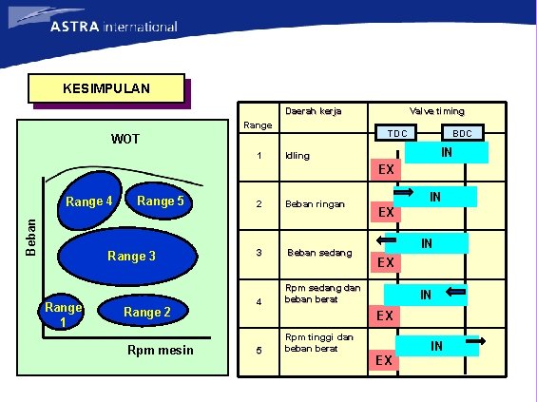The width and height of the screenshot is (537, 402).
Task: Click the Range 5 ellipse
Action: coord(161,201)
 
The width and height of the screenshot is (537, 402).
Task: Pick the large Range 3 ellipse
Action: coord(130,256)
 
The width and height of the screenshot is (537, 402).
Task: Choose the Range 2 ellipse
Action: coord(147,312)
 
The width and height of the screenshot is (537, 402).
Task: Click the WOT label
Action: coord(125,140)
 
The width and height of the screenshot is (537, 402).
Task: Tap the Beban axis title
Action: coord(30,234)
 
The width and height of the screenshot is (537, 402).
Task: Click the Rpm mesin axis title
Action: coord(159,352)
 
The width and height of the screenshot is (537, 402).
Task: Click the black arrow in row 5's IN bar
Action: coord(476,339)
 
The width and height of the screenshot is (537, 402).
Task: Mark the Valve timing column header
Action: coord(436,111)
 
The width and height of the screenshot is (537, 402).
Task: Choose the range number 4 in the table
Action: coord(258,303)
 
